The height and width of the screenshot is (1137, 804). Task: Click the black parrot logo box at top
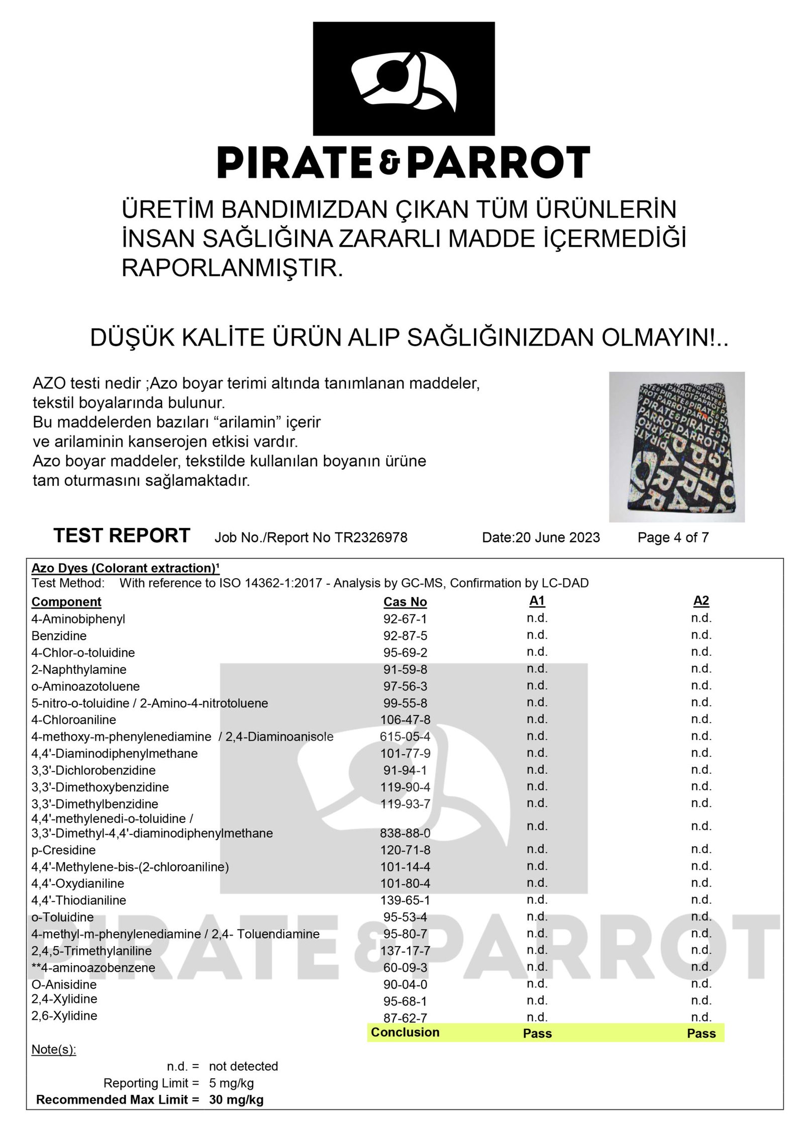pos(404,78)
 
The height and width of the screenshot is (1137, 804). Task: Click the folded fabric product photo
pos(676,447)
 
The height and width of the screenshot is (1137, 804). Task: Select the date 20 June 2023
pos(557,538)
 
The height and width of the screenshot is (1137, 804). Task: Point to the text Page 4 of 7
pos(673,538)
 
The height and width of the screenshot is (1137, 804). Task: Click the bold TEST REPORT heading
pos(122,536)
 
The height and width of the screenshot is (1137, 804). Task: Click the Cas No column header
pos(405,602)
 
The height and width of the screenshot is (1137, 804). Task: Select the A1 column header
pos(537,601)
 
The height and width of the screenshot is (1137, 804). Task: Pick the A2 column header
pos(701,601)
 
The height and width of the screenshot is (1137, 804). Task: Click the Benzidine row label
pos(59,636)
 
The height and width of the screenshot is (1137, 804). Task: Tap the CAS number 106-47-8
pos(405,720)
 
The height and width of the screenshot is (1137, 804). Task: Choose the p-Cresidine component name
pos(63,850)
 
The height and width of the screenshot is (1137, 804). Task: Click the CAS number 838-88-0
pos(405,833)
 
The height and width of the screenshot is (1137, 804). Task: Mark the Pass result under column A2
pos(701,1033)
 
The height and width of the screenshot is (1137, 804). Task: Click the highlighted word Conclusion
pos(405,1032)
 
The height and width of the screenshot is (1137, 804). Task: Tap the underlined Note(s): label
pos(54,1050)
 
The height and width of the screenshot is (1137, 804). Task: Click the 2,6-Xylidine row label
pos(64,1016)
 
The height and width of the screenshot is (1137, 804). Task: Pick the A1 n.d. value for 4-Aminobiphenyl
pos(537,618)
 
